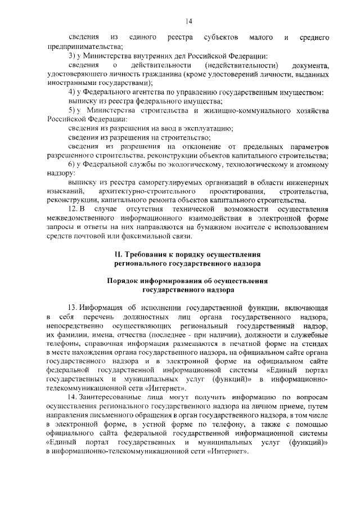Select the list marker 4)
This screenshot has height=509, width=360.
point(71,92)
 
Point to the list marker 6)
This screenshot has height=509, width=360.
point(71,164)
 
